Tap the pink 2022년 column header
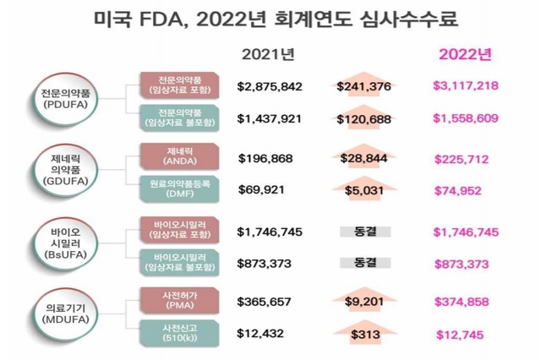[x=464, y=55]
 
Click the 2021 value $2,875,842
[x=270, y=86]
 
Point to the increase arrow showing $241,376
[x=363, y=85]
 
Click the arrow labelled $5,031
[x=363, y=189]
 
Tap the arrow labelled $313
[x=363, y=332]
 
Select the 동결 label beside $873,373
[x=363, y=263]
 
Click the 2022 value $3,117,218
[x=465, y=86]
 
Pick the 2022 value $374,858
[x=462, y=301]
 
